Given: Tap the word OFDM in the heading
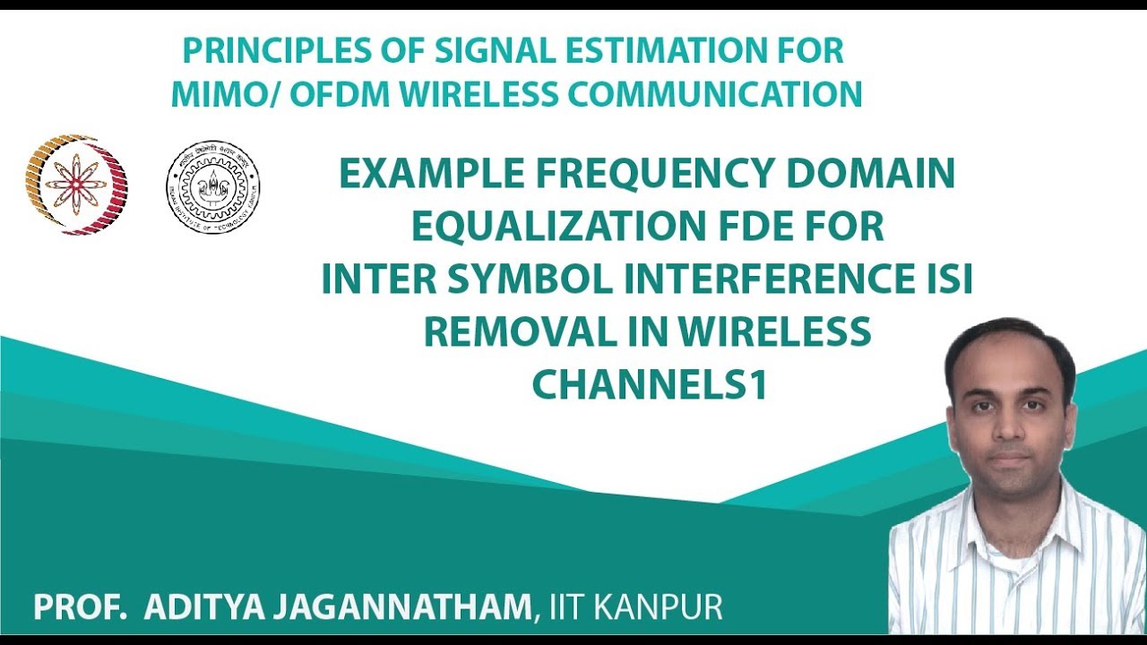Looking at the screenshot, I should click(323, 93).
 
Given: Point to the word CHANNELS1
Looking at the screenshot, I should click(650, 385).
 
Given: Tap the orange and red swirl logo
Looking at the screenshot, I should click(76, 185).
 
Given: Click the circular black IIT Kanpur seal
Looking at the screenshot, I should click(213, 186).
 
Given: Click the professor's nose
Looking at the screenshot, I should click(1010, 430).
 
